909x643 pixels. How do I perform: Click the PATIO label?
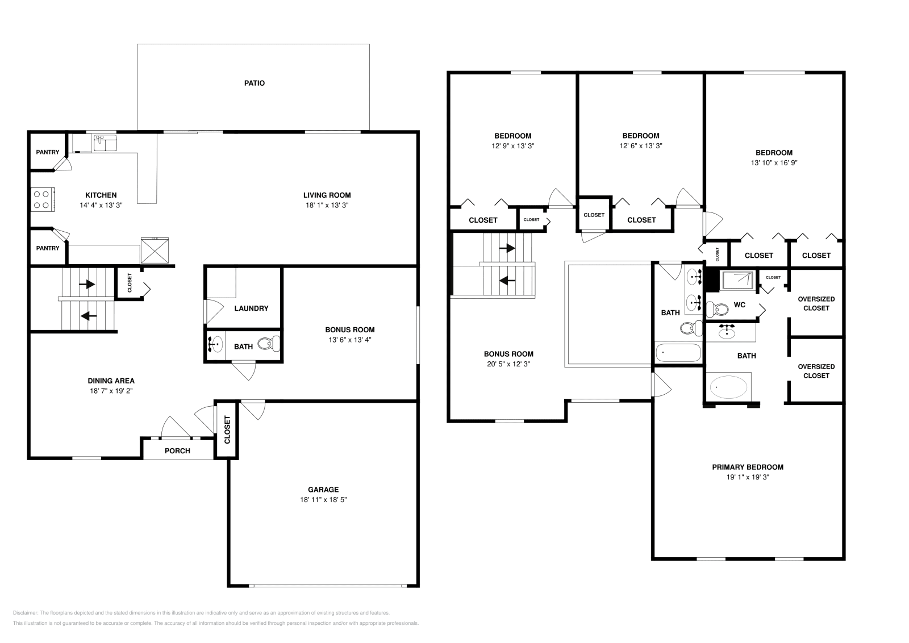pyautogui.click(x=255, y=83)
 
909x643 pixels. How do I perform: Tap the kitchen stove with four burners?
pyautogui.click(x=42, y=199)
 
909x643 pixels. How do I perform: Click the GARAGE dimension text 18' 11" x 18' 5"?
pyautogui.click(x=323, y=500)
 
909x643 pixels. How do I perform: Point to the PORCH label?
pyautogui.click(x=177, y=451)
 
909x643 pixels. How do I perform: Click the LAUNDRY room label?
pyautogui.click(x=251, y=308)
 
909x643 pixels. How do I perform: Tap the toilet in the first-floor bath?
pyautogui.click(x=268, y=344)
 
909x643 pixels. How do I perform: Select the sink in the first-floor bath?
pyautogui.click(x=216, y=344)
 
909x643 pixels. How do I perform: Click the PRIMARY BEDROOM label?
pyautogui.click(x=748, y=467)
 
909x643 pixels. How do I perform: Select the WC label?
pyautogui.click(x=739, y=305)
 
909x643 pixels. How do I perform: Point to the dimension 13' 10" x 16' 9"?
pyautogui.click(x=774, y=162)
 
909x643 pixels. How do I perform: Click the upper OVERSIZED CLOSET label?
pyautogui.click(x=816, y=303)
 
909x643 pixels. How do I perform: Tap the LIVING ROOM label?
pyautogui.click(x=327, y=195)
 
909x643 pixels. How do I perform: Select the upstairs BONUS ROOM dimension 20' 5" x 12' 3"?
pyautogui.click(x=508, y=364)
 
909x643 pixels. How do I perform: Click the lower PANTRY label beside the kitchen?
pyautogui.click(x=48, y=248)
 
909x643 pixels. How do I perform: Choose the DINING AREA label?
pyautogui.click(x=111, y=381)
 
